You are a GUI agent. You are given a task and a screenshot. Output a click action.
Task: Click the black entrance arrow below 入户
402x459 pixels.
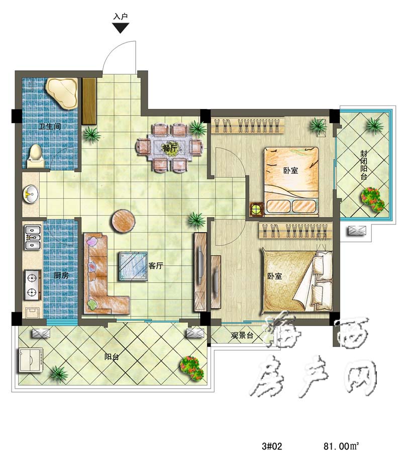point(121,28)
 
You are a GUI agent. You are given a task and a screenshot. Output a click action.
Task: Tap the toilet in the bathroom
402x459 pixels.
point(36,156)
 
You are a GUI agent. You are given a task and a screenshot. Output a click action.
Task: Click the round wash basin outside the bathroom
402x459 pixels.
point(31,194)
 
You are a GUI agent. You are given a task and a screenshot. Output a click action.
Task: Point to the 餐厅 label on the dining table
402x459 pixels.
point(170,148)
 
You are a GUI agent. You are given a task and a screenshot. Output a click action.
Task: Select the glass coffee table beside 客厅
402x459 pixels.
point(133,266)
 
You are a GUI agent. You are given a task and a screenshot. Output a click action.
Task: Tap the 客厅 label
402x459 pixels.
point(156,266)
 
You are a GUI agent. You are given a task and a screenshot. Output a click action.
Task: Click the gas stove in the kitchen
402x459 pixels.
point(32,285)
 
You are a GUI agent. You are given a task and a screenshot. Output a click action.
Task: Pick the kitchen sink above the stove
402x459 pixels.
point(33,237)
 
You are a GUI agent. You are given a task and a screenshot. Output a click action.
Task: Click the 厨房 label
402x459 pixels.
point(61,275)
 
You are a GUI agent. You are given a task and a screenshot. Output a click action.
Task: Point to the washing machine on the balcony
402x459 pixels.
point(31,360)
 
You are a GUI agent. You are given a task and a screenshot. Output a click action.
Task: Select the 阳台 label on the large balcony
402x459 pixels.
point(112,357)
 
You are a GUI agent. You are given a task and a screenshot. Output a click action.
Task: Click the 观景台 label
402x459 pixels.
point(242,335)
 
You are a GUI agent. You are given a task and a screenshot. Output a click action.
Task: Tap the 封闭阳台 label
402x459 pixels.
point(364,165)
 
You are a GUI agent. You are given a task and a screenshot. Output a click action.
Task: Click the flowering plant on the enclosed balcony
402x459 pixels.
point(372,199)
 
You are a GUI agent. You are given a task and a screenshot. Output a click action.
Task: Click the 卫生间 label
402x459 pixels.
point(50,126)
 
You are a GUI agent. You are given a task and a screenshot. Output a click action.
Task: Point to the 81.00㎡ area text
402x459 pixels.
point(341,446)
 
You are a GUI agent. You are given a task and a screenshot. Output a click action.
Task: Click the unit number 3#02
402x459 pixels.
point(272,446)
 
